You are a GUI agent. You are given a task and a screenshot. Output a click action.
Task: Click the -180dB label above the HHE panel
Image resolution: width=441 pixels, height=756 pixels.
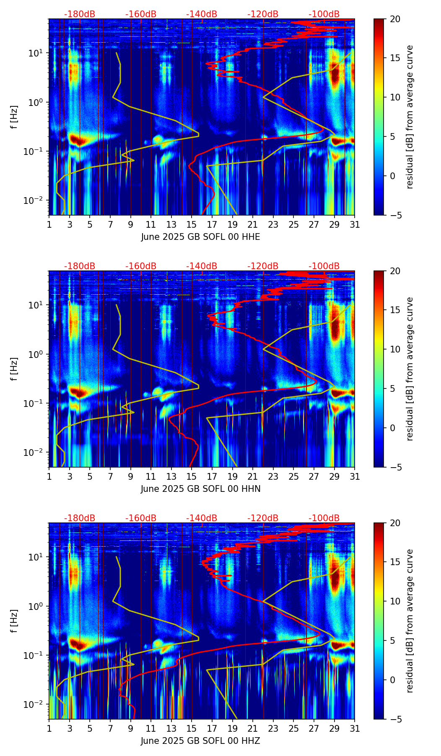pyautogui.click(x=80, y=14)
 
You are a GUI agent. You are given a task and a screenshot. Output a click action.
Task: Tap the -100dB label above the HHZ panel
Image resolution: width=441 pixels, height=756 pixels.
pyautogui.click(x=324, y=518)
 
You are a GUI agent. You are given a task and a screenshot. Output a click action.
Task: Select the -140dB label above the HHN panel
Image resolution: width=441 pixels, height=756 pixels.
pyautogui.click(x=202, y=266)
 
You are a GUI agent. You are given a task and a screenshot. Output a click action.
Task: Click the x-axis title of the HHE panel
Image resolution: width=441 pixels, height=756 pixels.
pyautogui.click(x=200, y=237)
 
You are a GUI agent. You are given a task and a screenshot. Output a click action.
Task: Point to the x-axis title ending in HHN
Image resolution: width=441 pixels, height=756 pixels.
pyautogui.click(x=200, y=489)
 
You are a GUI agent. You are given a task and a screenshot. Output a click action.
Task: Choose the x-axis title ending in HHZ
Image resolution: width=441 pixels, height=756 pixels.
pyautogui.click(x=200, y=741)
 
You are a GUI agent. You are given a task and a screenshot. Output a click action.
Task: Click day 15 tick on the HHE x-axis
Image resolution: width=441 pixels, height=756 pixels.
pyautogui.click(x=192, y=224)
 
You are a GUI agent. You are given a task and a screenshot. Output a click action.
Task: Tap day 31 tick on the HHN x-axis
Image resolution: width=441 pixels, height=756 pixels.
pyautogui.click(x=355, y=476)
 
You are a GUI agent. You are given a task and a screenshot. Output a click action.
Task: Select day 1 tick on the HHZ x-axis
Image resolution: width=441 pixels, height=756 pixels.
pyautogui.click(x=49, y=728)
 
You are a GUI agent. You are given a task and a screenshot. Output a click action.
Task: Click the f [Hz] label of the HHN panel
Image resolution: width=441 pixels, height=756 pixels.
pyautogui.click(x=14, y=369)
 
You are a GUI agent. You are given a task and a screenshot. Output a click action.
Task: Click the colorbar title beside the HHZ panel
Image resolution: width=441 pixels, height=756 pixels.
pyautogui.click(x=410, y=621)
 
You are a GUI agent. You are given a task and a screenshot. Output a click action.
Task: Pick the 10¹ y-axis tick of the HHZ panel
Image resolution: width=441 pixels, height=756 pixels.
pyautogui.click(x=36, y=557)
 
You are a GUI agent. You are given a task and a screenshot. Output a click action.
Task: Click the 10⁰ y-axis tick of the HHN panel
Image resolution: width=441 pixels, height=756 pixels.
pyautogui.click(x=36, y=354)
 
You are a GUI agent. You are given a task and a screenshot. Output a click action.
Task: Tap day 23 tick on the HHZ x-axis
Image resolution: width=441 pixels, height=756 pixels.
pyautogui.click(x=273, y=728)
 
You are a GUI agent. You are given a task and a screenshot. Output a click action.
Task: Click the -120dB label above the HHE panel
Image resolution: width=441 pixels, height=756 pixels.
pyautogui.click(x=263, y=14)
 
